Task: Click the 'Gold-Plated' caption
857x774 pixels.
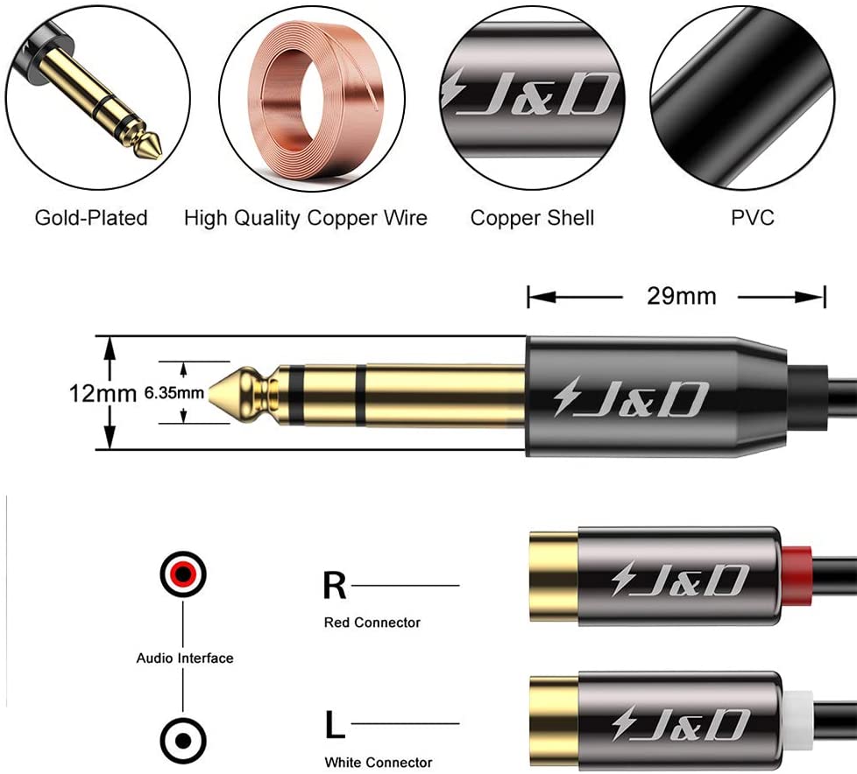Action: tap(91, 218)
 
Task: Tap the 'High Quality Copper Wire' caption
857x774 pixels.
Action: tap(306, 218)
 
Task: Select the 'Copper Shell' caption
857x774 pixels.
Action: tap(533, 218)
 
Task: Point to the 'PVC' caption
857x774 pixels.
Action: tap(753, 218)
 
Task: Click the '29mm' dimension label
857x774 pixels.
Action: tap(682, 296)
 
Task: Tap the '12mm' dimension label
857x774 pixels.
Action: tap(103, 393)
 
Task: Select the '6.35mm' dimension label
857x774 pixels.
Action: tap(174, 393)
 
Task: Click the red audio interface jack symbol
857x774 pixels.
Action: tap(183, 574)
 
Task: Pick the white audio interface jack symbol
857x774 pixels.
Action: tap(183, 742)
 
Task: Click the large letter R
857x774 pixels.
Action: tap(335, 586)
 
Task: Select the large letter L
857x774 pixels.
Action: tap(335, 724)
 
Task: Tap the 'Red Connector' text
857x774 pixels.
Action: tap(372, 623)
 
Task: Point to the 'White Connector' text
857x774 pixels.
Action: tap(379, 762)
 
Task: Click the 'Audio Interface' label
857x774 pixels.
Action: tap(185, 658)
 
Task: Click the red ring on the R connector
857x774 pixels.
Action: tap(796, 575)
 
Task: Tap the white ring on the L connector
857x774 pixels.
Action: tap(796, 720)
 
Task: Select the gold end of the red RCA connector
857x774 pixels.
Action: tap(554, 575)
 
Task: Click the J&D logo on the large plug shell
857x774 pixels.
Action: tap(631, 398)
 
